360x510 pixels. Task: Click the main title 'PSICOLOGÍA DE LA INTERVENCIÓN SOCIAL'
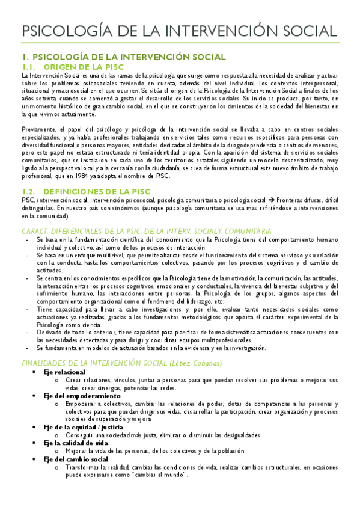pyautogui.click(x=180, y=31)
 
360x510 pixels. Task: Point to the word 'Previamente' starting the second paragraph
pyautogui.click(x=40, y=129)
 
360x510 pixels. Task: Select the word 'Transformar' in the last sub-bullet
pyautogui.click(x=84, y=467)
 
